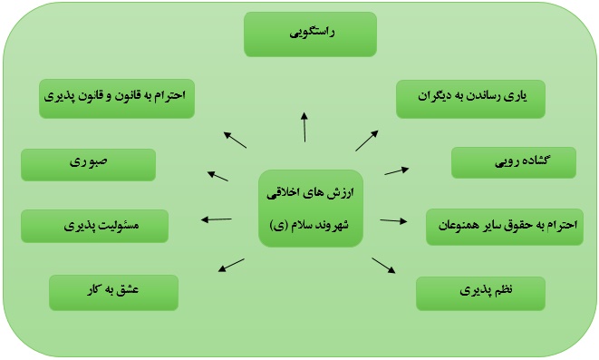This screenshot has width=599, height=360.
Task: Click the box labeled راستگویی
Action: (x=310, y=34)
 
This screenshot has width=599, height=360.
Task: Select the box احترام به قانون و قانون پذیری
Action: (x=117, y=99)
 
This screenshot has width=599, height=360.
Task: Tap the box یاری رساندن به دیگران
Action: (x=470, y=99)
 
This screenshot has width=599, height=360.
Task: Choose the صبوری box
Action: (x=88, y=164)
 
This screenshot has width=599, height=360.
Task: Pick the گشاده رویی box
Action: (x=514, y=162)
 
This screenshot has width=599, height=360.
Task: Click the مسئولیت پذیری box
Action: (x=95, y=226)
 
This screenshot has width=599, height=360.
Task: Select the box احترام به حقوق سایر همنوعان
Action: (x=505, y=227)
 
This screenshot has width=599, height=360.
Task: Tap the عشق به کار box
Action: (x=114, y=292)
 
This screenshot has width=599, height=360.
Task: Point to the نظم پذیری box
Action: (x=480, y=294)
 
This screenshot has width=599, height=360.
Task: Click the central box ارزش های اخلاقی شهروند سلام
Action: (x=311, y=209)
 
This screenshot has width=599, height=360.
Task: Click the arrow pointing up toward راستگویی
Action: (x=304, y=127)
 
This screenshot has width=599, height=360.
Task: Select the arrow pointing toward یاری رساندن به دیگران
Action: (x=367, y=141)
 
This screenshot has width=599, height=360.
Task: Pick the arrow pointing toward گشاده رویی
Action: (x=397, y=170)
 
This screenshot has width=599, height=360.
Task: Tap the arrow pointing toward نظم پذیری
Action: (x=383, y=266)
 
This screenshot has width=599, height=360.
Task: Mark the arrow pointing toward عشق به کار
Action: (x=231, y=265)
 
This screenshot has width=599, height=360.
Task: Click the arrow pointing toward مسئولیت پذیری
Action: (x=217, y=219)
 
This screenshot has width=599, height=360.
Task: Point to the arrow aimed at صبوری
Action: (x=217, y=176)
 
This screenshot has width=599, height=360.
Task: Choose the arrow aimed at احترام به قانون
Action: (x=235, y=140)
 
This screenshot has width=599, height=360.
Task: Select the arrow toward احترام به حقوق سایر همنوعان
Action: (x=393, y=220)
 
